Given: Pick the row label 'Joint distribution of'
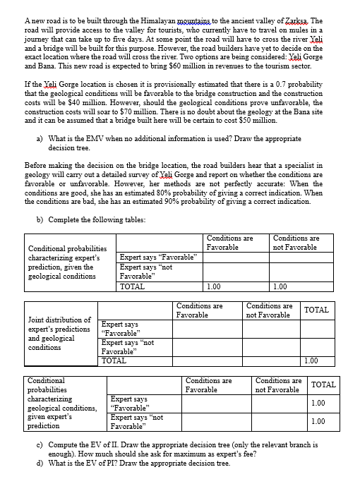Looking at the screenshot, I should [x=58, y=320].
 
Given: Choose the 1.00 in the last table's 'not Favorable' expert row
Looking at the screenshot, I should [x=318, y=421].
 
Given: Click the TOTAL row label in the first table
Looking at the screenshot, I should [x=132, y=287].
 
